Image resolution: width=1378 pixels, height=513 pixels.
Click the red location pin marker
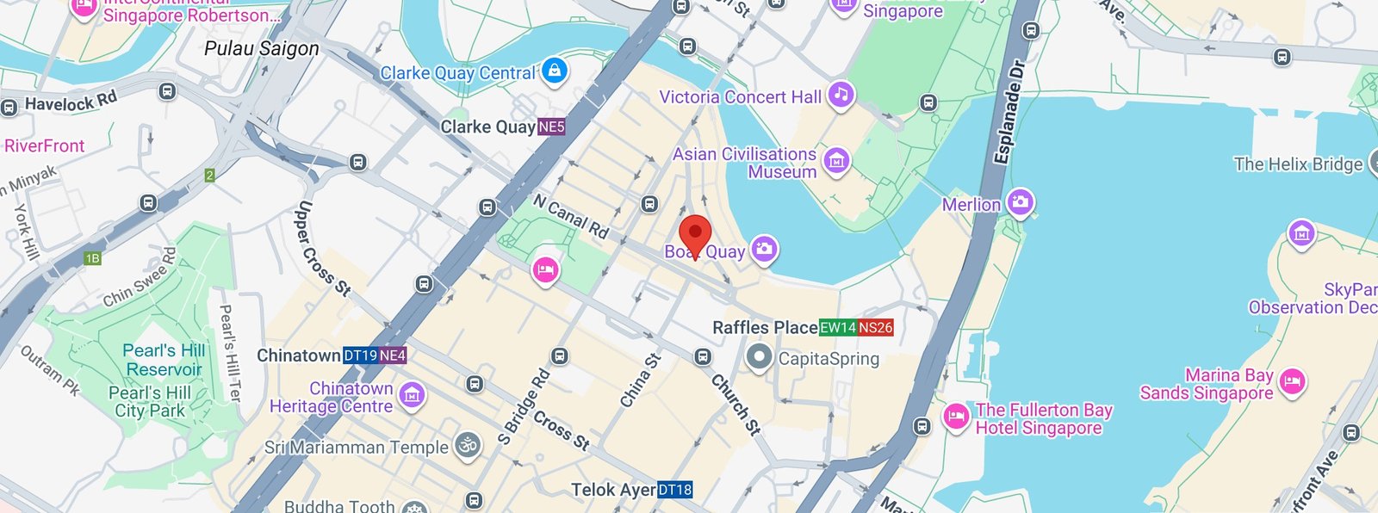pos(695,234)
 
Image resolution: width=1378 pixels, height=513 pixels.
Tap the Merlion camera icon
pos(1020,203)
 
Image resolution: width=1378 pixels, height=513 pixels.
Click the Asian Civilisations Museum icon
pos(836,160)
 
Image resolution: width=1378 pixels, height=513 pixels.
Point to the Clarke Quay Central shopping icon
pos(556,71)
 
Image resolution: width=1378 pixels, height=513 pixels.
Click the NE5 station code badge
pos(551,127)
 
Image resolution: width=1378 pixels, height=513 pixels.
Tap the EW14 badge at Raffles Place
pos(838,328)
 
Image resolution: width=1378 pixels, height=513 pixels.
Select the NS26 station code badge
pos(876,328)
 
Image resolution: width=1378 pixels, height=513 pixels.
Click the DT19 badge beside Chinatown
pos(360,355)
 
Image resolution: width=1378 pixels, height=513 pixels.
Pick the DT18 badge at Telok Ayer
pos(675,490)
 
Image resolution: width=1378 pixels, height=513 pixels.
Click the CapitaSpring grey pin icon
pos(759,357)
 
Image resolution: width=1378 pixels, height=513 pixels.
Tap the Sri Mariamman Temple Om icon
pos(467,446)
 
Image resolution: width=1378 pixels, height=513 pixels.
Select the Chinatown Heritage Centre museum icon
pos(412,395)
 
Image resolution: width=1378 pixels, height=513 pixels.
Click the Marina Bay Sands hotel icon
pos(1291,381)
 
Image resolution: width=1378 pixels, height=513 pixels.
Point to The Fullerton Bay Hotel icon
pos(956,417)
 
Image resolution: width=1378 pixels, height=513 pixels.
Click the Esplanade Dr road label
pos(1009,112)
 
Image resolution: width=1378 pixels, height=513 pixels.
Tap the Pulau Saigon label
pos(261,49)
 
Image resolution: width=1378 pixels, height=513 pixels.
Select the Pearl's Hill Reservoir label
pos(164,360)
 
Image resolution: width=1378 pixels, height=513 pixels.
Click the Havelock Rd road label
pos(71,102)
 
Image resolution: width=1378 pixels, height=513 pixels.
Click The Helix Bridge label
pos(1297,164)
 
